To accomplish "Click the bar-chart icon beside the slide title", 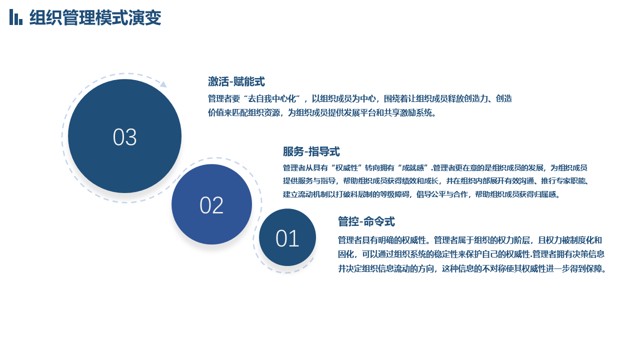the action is (15, 17).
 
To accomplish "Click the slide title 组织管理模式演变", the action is (95, 17).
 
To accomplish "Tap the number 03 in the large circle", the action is (124, 137).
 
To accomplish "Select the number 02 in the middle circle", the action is (211, 205).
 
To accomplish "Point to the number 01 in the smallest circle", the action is (287, 238).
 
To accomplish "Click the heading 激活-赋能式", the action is (236, 81).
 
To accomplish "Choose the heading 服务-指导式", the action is (311, 151).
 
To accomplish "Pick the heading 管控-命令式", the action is (366, 221).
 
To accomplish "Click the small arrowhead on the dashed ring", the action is (163, 84).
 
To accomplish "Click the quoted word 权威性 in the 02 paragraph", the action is (346, 167).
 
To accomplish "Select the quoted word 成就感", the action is (413, 167).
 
